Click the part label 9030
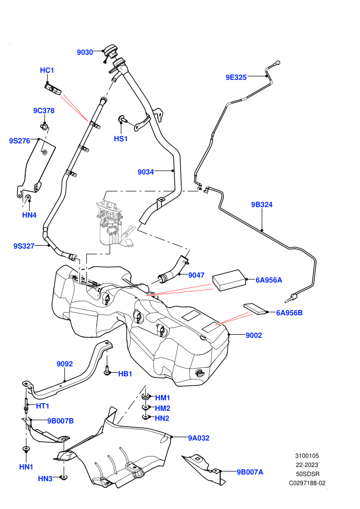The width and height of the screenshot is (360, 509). [x=85, y=52]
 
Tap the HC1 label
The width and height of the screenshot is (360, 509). [x=47, y=70]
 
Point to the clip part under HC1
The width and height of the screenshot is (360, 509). [x=53, y=89]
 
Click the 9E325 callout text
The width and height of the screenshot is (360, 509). [x=236, y=77]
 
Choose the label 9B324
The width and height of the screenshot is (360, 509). [x=262, y=205]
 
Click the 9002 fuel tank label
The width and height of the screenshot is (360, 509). [x=254, y=335]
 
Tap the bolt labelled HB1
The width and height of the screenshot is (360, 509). [x=107, y=371]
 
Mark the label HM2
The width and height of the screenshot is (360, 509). [x=163, y=408]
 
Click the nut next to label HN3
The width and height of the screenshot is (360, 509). [x=64, y=477]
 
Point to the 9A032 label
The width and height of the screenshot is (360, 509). [x=199, y=438]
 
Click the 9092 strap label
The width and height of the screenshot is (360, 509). [x=65, y=364]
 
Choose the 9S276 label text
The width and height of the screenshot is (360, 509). [x=20, y=141]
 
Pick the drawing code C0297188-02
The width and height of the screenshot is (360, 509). [x=307, y=483]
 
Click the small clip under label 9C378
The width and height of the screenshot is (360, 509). [x=44, y=125]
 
